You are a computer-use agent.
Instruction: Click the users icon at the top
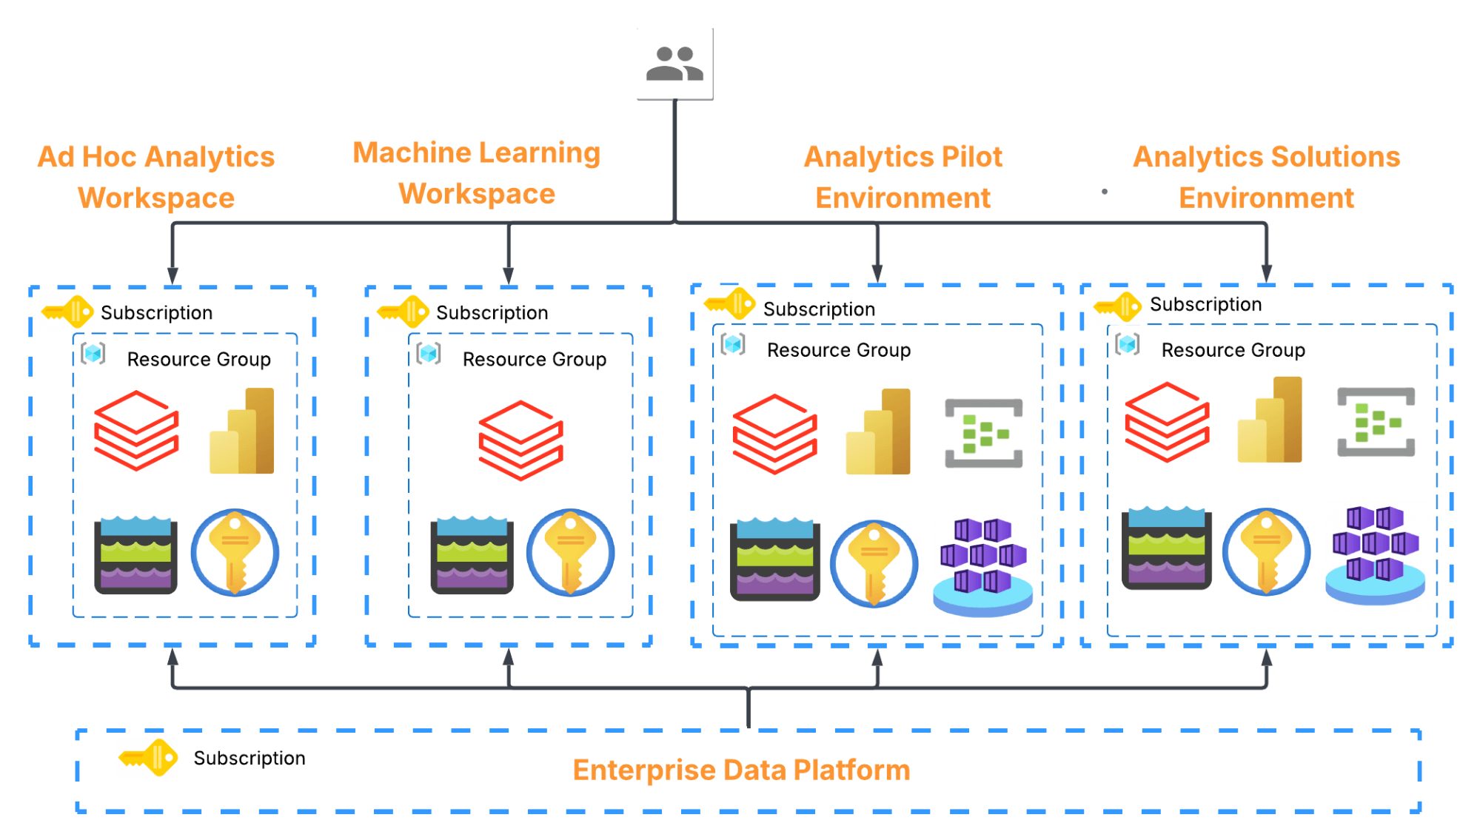click(x=674, y=64)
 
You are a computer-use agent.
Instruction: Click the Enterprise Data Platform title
click(x=741, y=770)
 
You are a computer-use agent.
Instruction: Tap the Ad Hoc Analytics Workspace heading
click(x=156, y=178)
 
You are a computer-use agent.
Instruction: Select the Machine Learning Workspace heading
click(x=477, y=173)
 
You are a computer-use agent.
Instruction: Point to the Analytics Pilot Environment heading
click(x=903, y=178)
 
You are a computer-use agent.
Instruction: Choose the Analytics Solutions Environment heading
click(x=1266, y=178)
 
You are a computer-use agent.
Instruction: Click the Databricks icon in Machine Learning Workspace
click(x=520, y=440)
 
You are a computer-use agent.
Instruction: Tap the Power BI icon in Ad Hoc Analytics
click(x=243, y=431)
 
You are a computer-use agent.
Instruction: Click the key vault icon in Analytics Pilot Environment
click(x=874, y=563)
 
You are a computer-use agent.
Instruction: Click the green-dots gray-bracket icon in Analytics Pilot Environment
click(x=983, y=434)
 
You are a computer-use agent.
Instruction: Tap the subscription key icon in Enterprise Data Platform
click(x=149, y=757)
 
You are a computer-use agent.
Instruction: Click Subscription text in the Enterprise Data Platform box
click(x=250, y=759)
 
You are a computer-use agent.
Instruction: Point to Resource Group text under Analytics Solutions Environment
click(x=1233, y=350)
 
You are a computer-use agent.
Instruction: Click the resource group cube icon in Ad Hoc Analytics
click(x=93, y=354)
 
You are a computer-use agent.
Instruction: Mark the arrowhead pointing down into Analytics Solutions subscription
click(x=1267, y=274)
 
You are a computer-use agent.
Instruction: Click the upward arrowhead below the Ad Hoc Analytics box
click(x=173, y=656)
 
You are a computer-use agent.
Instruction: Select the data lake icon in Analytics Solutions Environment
click(x=1166, y=548)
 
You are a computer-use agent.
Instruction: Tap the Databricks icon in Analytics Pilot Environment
click(x=774, y=434)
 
